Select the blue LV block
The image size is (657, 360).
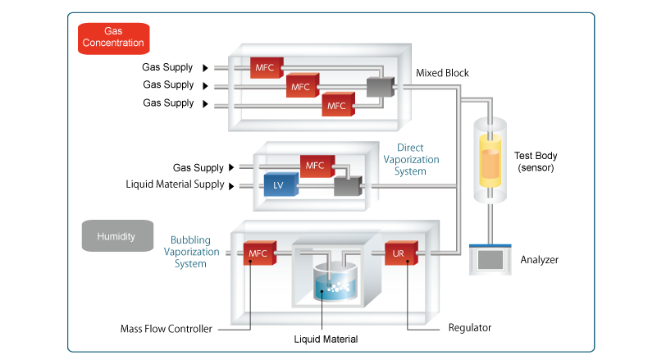pyautogui.click(x=278, y=186)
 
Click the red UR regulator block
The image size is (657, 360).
pyautogui.click(x=400, y=254)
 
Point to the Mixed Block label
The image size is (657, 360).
pyautogui.click(x=442, y=73)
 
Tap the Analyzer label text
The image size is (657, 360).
pyautogui.click(x=539, y=260)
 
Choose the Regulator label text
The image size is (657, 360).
pyautogui.click(x=469, y=328)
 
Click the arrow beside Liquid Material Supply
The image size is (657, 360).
pyautogui.click(x=230, y=185)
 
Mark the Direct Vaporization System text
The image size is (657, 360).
pyautogui.click(x=412, y=160)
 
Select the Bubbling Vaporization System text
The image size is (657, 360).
pyautogui.click(x=190, y=251)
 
